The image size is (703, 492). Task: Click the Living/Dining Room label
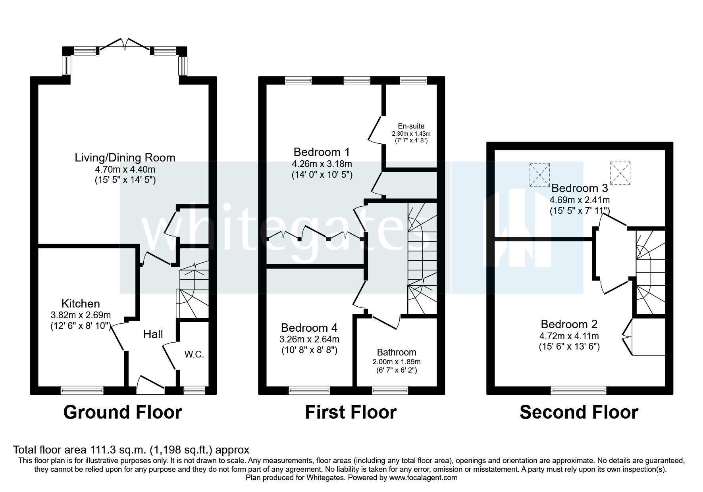coord(125,158)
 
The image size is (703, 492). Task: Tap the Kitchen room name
coord(81,304)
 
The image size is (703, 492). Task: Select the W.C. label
coord(194,355)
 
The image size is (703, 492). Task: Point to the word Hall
coord(153,334)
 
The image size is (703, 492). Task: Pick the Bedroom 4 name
coord(309,328)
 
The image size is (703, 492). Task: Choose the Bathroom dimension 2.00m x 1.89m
coord(397,362)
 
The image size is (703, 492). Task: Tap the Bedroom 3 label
coord(580,188)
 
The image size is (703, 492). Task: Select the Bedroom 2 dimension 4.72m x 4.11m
coord(569,336)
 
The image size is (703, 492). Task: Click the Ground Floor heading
coord(123,412)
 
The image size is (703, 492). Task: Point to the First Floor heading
coord(351,412)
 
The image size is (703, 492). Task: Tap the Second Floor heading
coord(579,412)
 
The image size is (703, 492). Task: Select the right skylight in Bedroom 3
coord(620,173)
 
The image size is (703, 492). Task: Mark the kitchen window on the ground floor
coord(82,390)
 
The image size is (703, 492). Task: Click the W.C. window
coord(194,390)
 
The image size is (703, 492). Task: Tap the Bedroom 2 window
coord(579,390)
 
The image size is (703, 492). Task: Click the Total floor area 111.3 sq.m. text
coord(131,450)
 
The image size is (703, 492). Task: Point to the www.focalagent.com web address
coord(424,478)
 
